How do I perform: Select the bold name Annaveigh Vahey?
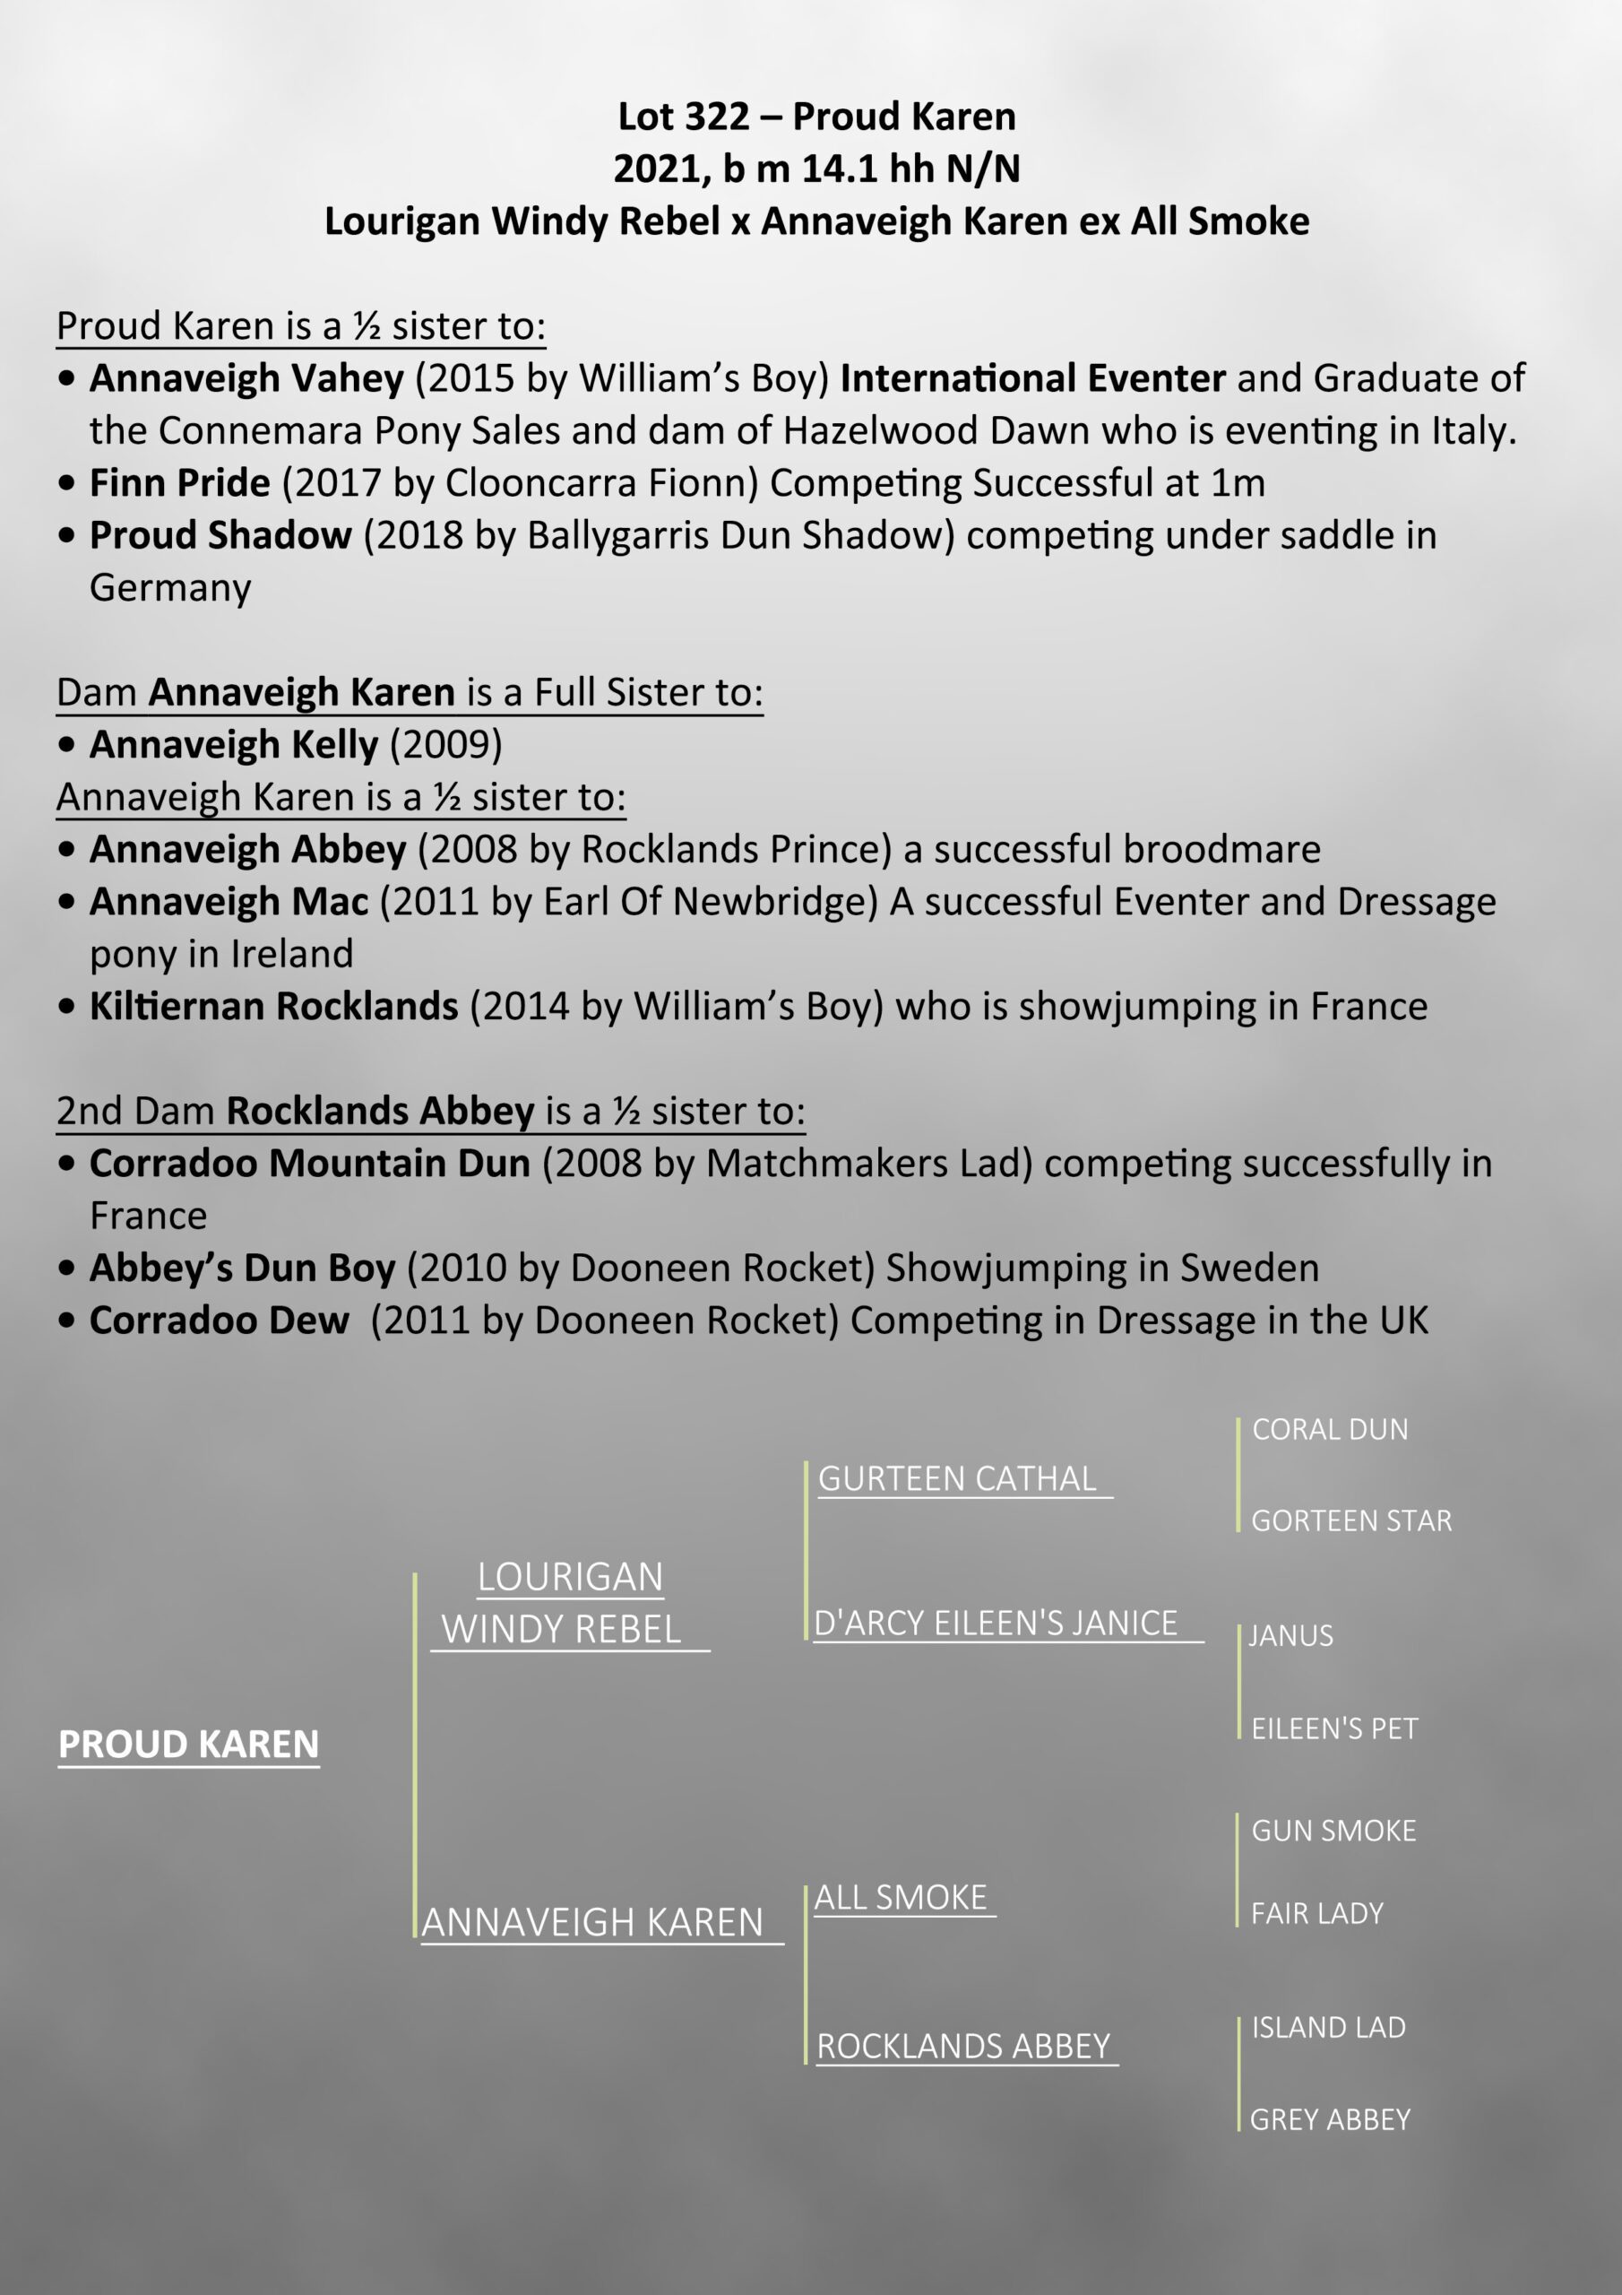[x=246, y=379]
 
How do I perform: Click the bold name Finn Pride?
[x=180, y=484]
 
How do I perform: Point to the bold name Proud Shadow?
[x=220, y=536]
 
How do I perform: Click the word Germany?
[x=170, y=588]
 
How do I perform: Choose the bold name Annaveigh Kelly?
[x=234, y=745]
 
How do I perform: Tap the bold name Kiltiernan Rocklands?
[x=274, y=1007]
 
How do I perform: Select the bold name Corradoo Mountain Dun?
[x=310, y=1164]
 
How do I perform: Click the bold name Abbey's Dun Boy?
[x=243, y=1269]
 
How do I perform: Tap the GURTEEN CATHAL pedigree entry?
[x=957, y=1479]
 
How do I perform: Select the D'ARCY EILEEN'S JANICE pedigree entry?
[x=996, y=1624]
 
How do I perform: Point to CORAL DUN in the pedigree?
[x=1329, y=1429]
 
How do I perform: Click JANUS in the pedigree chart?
[x=1290, y=1636]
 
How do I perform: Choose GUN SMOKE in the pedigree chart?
[x=1333, y=1832]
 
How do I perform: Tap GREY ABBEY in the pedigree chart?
[x=1329, y=2120]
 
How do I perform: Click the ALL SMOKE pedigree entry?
[x=901, y=1898]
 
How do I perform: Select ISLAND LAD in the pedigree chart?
[x=1328, y=2027]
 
